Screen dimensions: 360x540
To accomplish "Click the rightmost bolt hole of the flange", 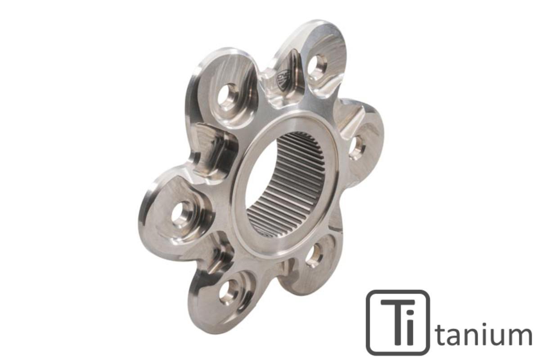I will pos(357,146).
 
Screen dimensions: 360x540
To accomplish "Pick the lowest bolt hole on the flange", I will pos(229,292).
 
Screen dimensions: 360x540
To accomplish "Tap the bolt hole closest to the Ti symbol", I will pos(314,255).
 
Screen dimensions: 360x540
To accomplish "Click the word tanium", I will pos(484,335).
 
